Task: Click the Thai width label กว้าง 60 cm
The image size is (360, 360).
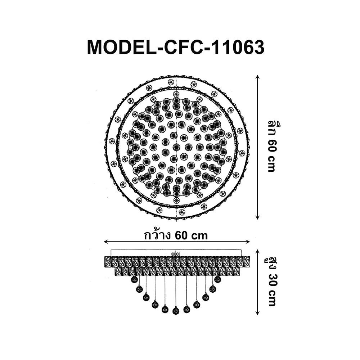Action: [176, 235]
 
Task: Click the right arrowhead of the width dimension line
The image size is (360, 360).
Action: [248, 242]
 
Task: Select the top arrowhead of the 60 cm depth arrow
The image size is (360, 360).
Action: [257, 77]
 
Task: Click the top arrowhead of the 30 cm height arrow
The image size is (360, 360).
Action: [257, 252]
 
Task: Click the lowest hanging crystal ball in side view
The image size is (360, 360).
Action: [176, 311]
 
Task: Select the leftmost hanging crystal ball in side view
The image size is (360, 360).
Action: [134, 279]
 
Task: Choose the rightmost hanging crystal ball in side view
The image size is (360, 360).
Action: [218, 279]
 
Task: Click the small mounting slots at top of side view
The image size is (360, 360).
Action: [176, 254]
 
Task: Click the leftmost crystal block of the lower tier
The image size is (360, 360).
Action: [118, 271]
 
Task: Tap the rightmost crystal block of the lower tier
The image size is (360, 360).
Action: [236, 271]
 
